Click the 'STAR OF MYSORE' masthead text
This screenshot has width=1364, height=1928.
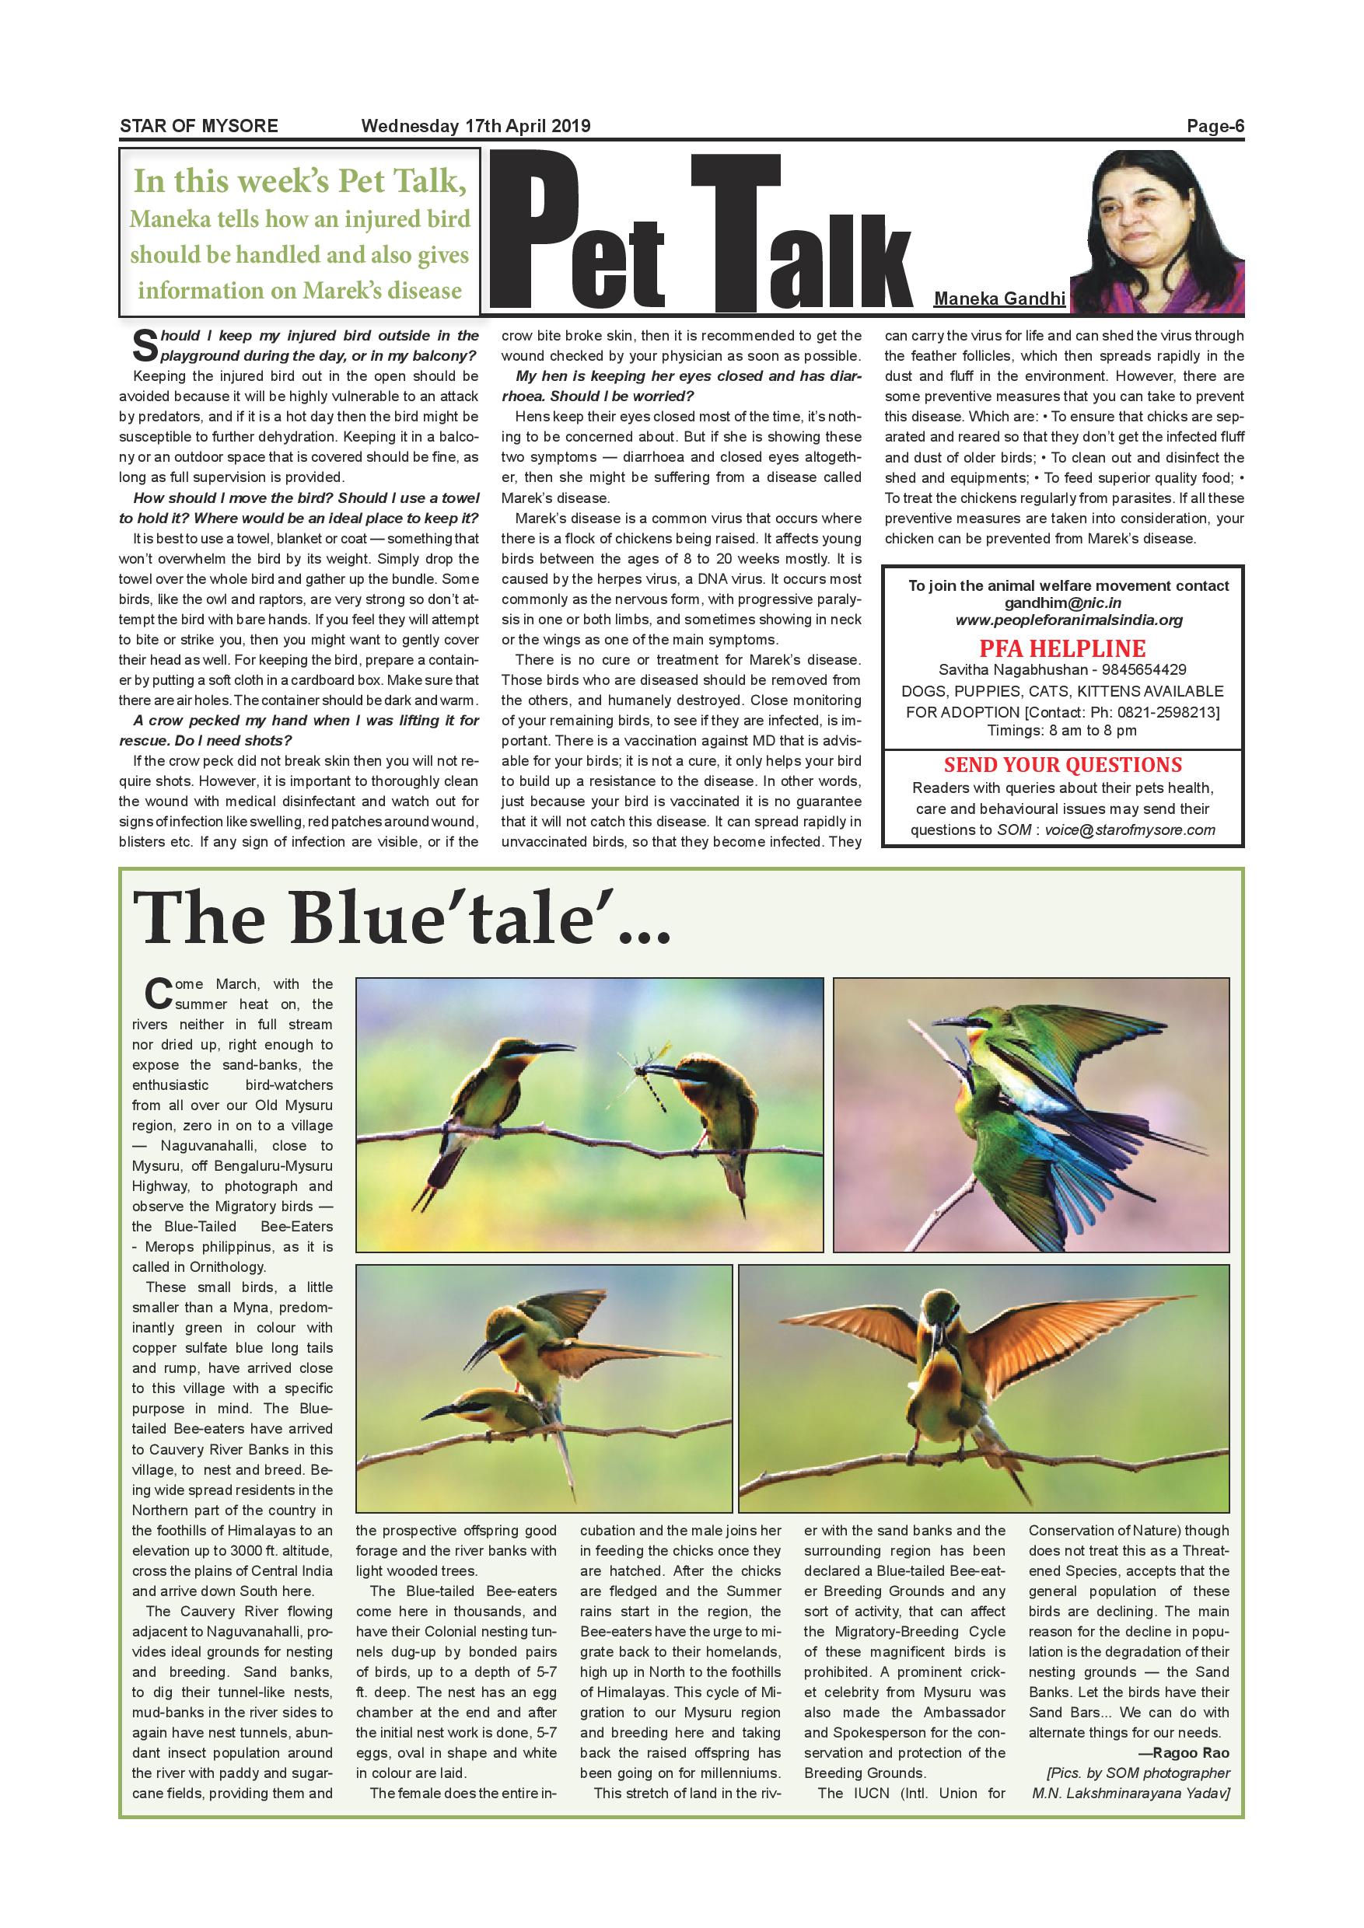click(x=198, y=127)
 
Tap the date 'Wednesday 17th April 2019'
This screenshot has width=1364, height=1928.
click(x=475, y=127)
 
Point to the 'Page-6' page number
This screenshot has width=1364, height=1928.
click(x=1215, y=127)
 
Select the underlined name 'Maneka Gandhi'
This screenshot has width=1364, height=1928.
click(x=999, y=299)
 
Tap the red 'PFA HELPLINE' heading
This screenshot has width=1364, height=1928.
click(x=1061, y=648)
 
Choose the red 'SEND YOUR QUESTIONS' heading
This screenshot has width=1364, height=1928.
click(x=1062, y=765)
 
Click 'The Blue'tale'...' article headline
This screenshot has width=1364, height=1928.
click(x=402, y=920)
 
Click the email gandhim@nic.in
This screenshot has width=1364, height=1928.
click(x=1062, y=603)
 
